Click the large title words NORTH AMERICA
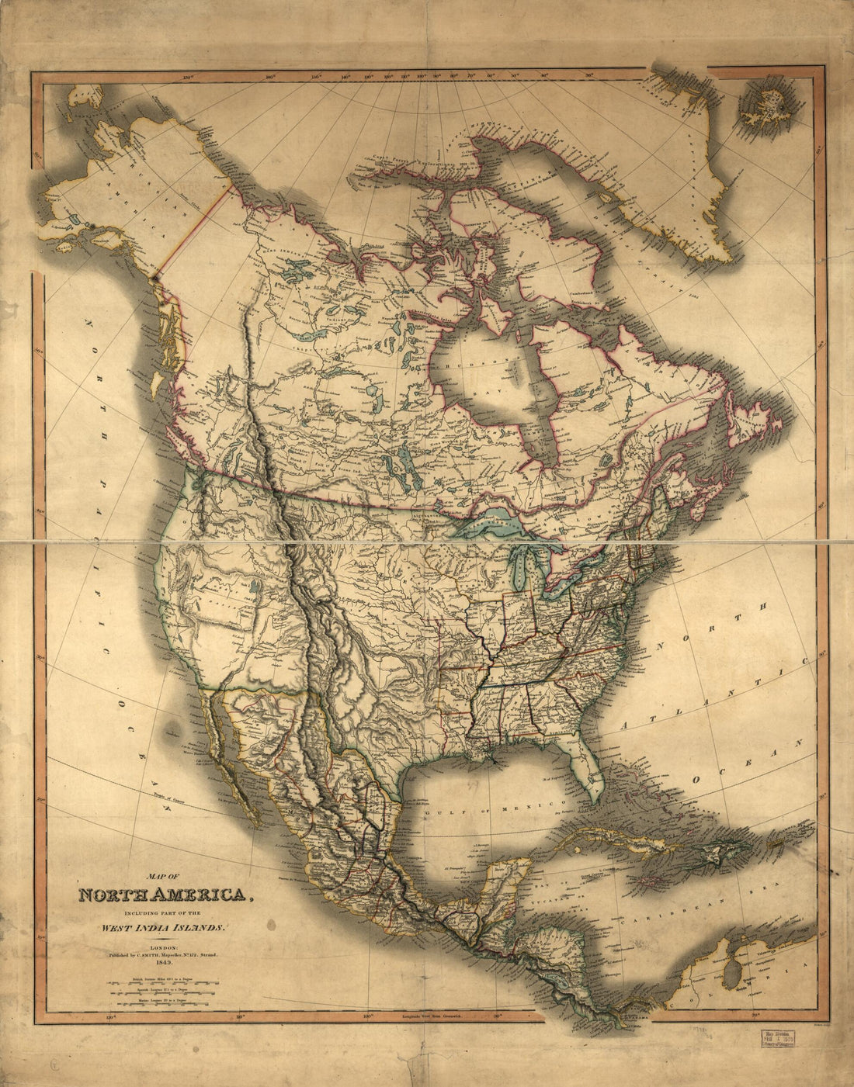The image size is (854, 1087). (167, 895)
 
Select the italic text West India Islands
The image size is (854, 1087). (161, 927)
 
